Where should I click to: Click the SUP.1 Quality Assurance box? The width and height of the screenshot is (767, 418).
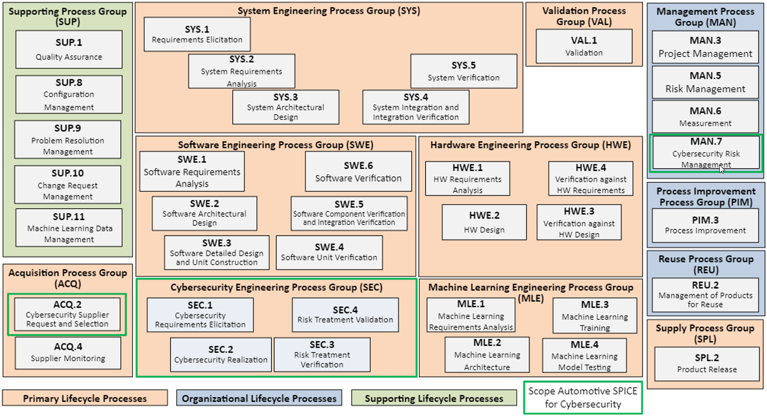(x=69, y=50)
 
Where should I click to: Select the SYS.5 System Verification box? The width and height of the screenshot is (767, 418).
(x=464, y=71)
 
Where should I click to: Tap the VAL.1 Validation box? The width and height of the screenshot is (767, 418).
(x=584, y=46)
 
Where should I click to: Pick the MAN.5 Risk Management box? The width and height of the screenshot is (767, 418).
(x=705, y=82)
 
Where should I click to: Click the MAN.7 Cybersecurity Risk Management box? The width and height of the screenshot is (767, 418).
(x=706, y=152)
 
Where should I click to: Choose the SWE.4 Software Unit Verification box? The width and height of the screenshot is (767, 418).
(x=329, y=253)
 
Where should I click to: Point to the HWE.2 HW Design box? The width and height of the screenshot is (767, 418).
(x=484, y=222)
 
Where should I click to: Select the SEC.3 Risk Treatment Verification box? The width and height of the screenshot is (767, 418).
(x=322, y=354)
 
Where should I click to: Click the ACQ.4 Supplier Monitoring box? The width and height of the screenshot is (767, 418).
(x=68, y=353)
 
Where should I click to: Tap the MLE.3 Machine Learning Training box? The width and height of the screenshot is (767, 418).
(x=595, y=316)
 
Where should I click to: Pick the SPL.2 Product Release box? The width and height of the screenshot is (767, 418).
(x=707, y=363)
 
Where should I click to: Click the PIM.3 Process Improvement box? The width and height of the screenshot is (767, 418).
(x=705, y=226)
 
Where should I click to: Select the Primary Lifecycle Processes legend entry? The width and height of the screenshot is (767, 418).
(x=85, y=398)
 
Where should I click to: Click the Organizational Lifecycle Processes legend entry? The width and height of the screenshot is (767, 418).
(x=259, y=398)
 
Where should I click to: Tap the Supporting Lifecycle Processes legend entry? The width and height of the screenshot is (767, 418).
(x=434, y=398)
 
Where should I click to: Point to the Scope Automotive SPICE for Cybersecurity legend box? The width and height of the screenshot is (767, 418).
(x=583, y=397)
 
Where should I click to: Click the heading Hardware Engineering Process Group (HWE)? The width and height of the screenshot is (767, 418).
(x=530, y=145)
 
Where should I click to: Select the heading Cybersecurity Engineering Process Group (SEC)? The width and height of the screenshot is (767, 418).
(x=276, y=287)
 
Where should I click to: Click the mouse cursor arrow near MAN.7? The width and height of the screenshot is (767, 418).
(x=722, y=169)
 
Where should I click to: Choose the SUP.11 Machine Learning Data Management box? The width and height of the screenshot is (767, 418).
(x=69, y=227)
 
